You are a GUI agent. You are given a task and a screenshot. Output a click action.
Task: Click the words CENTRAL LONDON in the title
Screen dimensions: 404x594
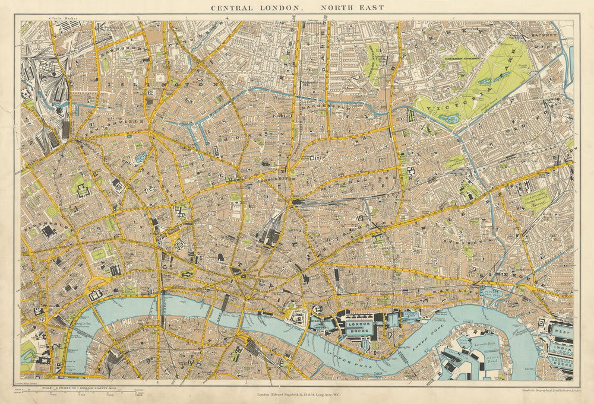click(x=257, y=8)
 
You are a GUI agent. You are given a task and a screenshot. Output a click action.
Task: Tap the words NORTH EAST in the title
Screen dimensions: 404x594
click(x=352, y=8)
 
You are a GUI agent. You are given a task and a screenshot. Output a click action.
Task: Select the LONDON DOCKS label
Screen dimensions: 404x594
click(x=360, y=327)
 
